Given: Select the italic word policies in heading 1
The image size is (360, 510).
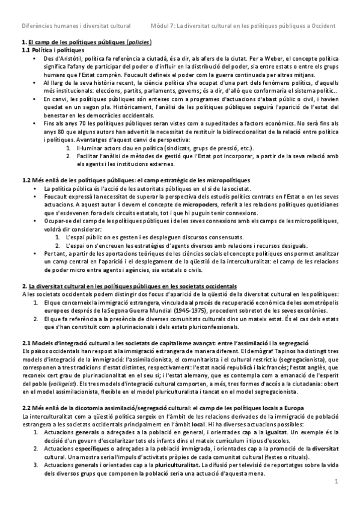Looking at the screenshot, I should [139, 42].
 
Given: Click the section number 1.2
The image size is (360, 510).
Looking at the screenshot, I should [26, 181].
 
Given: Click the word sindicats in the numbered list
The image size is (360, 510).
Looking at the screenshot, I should [154, 147].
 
